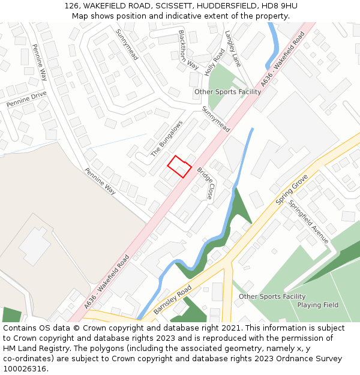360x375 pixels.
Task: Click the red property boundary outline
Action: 179,166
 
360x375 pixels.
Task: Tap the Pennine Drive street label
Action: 26,100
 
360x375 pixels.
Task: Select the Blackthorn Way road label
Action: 188,49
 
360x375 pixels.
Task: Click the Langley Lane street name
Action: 233,49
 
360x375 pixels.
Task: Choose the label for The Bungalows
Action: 167,139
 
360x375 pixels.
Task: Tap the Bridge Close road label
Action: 205,183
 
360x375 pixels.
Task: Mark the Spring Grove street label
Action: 292,190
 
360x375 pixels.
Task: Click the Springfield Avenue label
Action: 308,221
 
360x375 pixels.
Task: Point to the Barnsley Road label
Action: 172,299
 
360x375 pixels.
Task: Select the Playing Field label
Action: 317,305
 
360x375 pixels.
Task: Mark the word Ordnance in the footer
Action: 283,359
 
